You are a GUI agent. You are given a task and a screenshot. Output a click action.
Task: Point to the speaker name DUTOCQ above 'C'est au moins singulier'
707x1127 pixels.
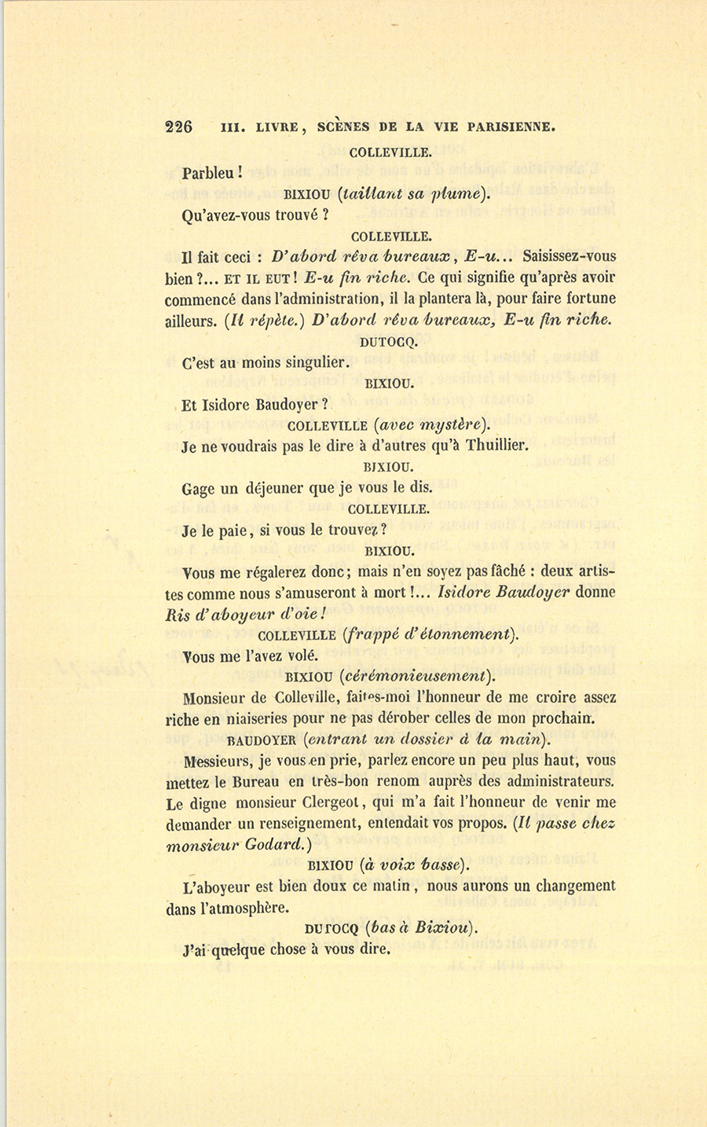point(389,342)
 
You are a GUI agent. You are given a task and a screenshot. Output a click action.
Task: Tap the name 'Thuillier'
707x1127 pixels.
point(496,446)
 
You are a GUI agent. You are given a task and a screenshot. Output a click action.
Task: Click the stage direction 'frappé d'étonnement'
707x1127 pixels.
point(430,635)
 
